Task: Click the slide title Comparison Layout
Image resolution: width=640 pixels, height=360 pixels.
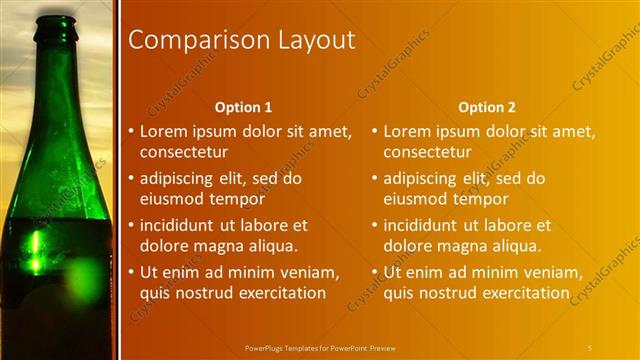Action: [242, 40]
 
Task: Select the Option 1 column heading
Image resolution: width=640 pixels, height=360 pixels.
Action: [243, 107]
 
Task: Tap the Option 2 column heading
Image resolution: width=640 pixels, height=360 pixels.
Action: [487, 107]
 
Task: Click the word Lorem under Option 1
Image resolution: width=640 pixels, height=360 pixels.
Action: [162, 131]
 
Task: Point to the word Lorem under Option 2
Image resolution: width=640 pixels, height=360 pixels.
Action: [406, 131]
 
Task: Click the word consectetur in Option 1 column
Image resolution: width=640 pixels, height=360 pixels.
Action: [183, 152]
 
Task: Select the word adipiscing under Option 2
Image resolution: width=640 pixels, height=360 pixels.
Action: [420, 179]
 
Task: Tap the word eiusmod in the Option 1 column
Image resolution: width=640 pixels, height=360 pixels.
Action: [171, 199]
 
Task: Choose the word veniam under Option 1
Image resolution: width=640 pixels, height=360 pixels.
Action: [313, 273]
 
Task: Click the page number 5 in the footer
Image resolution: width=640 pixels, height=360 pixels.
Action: [590, 347]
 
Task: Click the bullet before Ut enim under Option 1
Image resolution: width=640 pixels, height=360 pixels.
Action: [129, 273]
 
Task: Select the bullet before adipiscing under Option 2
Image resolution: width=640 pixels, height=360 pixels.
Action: [373, 179]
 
